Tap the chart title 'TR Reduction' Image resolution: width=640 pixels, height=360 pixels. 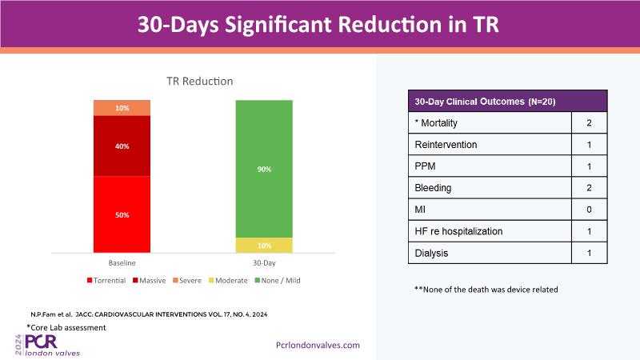(x=199, y=81)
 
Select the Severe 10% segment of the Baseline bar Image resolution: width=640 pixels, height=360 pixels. (x=122, y=108)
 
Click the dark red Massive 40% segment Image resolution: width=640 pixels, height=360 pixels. (x=122, y=146)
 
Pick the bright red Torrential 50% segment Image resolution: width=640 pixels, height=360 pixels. (x=122, y=214)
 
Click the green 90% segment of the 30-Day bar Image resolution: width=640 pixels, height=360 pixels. (x=263, y=169)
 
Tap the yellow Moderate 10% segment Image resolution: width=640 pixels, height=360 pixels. (x=263, y=246)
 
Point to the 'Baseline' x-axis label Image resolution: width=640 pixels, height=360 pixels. (x=122, y=262)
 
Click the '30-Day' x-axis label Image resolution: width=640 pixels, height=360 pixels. (x=263, y=262)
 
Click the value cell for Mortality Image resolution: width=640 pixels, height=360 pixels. (x=589, y=123)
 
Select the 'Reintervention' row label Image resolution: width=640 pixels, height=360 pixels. (x=446, y=145)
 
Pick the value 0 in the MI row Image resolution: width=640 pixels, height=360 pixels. (x=589, y=210)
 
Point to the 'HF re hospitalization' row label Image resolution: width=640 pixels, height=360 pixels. (x=458, y=231)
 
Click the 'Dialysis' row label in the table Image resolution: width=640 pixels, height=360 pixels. (x=432, y=253)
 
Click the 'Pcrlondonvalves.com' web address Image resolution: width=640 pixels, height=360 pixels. (x=318, y=345)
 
